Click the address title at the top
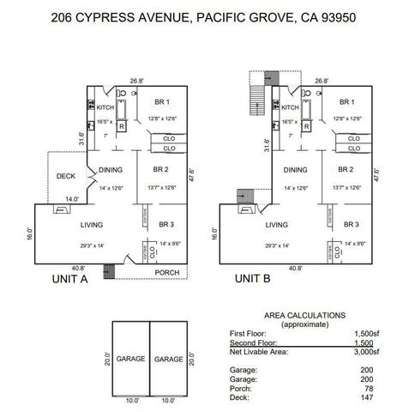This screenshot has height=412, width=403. tap(201, 16)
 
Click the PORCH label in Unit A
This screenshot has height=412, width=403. tap(166, 273)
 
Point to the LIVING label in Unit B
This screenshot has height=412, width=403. tap(275, 225)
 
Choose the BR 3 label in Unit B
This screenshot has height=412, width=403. tap(352, 224)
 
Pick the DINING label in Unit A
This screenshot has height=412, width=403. tap(111, 170)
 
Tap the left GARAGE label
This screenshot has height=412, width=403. tap(130, 359)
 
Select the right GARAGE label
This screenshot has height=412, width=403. tap(169, 359)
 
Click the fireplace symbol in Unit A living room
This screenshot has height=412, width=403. tap(62, 208)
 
